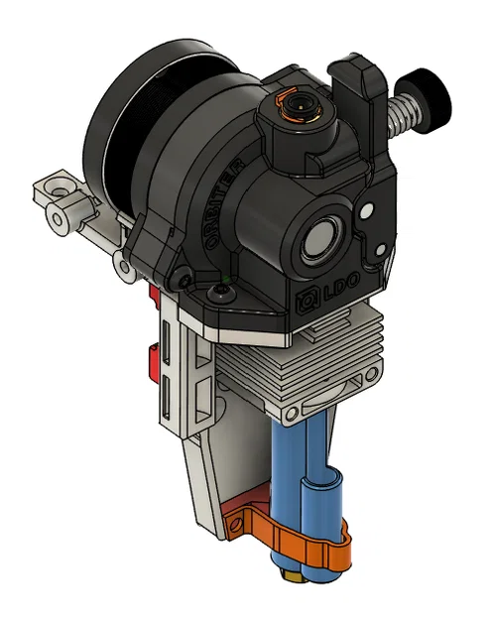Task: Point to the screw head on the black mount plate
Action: (x=220, y=294)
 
